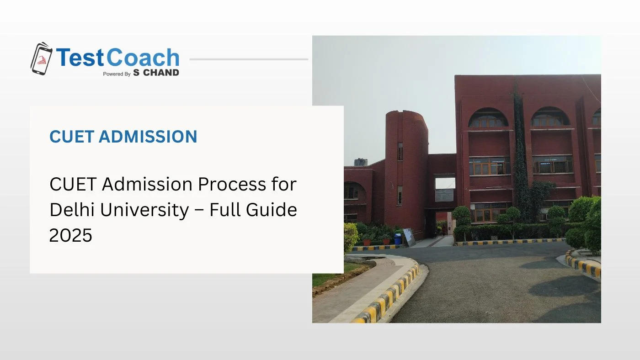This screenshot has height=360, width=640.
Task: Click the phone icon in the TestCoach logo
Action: [41, 59]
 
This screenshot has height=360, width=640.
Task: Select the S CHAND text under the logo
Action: [156, 73]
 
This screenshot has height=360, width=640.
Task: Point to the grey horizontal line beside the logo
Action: [249, 59]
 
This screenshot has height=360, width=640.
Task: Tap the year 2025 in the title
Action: [70, 235]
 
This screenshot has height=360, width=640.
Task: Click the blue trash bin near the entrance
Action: [397, 238]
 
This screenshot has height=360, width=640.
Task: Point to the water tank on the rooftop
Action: [361, 162]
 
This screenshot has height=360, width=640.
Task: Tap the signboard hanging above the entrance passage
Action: [444, 195]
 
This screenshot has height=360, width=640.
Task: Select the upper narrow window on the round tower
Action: [400, 151]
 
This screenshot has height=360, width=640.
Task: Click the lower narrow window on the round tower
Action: [400, 195]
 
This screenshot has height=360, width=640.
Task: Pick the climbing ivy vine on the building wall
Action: [519, 151]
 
